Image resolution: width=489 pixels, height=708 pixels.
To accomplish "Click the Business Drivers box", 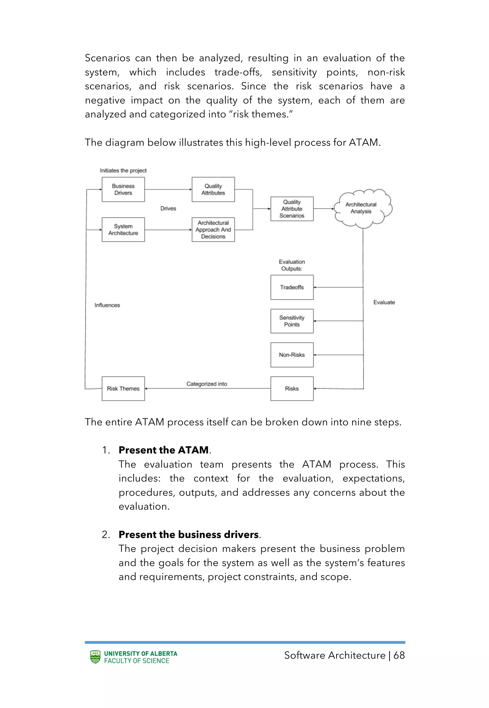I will (x=123, y=189).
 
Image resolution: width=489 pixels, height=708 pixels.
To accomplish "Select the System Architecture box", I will (x=123, y=230).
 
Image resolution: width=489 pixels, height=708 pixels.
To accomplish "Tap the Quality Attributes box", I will (x=213, y=189).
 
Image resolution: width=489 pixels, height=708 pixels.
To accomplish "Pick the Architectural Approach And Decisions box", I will (x=213, y=230).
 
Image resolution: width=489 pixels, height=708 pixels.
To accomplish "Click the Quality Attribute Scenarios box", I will (x=292, y=209).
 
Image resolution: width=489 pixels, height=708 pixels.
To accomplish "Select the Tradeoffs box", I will (x=292, y=287).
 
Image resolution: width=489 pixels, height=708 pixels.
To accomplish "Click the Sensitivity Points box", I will (x=292, y=321).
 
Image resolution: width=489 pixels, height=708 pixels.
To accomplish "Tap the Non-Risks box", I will (x=292, y=355).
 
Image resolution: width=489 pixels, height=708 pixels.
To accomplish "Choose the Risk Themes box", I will (x=123, y=389).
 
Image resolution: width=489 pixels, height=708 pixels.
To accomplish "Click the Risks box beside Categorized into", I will (x=292, y=389).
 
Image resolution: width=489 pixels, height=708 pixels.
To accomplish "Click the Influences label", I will (x=107, y=305).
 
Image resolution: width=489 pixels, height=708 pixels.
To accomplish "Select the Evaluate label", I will (x=384, y=302).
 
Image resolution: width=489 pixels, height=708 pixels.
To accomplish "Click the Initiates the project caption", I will (x=123, y=171).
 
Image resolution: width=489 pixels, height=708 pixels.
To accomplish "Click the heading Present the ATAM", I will (x=164, y=450).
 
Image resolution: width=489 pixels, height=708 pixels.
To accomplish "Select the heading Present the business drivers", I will (x=189, y=534).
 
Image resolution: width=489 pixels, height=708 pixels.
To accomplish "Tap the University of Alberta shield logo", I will (x=95, y=657).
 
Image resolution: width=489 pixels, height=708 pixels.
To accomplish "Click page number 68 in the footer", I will (x=399, y=655).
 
